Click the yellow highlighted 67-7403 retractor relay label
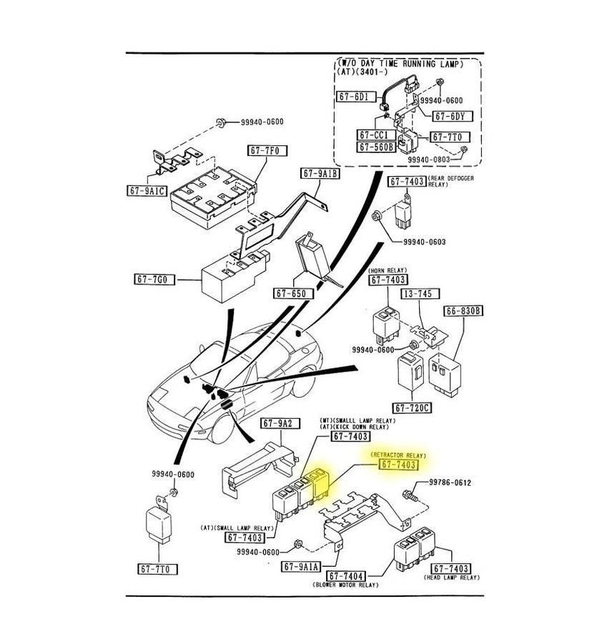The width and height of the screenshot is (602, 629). tap(397, 465)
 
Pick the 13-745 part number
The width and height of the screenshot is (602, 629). tap(420, 294)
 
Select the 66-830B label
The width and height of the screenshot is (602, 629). tap(463, 311)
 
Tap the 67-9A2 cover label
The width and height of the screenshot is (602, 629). tap(277, 423)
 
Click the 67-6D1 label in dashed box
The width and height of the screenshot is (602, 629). tap(354, 95)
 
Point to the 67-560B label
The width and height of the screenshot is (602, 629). tap(378, 146)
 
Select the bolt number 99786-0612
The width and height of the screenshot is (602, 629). tap(450, 483)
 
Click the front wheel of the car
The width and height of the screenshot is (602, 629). tap(220, 427)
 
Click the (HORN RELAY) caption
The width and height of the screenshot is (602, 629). tap(388, 271)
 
